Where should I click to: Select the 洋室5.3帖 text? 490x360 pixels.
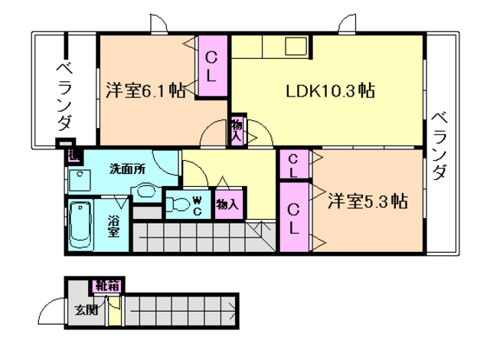(367, 202)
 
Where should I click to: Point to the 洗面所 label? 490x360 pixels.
(126, 169)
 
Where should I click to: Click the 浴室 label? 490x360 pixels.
(113, 227)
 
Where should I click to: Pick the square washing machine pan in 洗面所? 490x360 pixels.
(79, 181)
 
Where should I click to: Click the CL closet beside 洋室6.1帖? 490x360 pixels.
(213, 67)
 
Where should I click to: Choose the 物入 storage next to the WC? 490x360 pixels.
(227, 205)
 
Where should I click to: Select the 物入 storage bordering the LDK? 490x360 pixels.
(237, 131)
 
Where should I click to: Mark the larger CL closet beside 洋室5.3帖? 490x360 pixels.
(293, 218)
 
